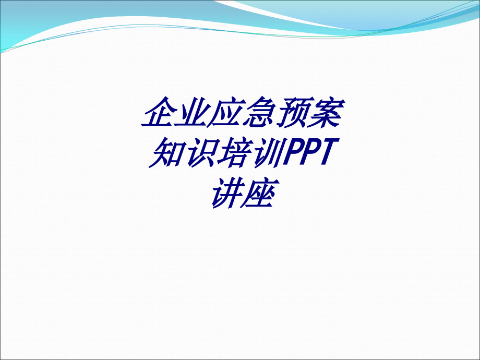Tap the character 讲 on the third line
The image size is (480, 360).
pyautogui.click(x=225, y=193)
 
